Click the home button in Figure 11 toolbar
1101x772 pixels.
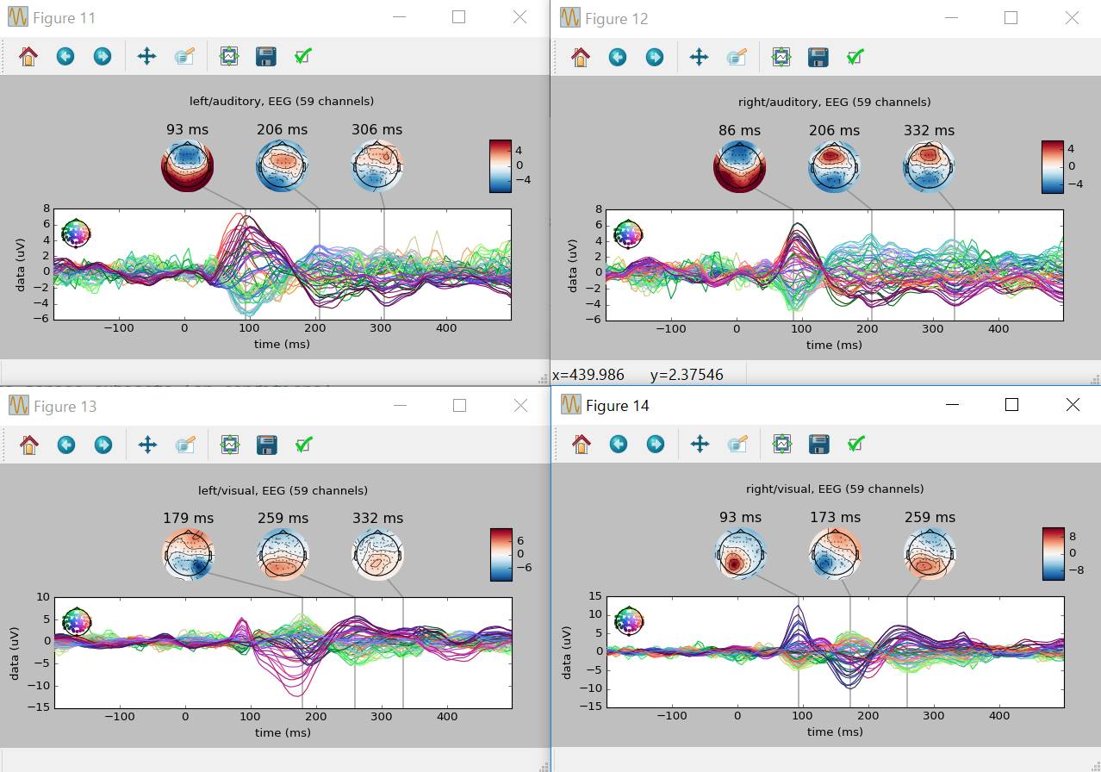point(28,57)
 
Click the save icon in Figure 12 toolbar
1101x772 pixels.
point(818,57)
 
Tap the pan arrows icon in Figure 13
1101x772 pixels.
point(147,445)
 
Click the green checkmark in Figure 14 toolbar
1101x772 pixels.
point(855,444)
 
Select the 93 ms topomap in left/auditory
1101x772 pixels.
point(187,165)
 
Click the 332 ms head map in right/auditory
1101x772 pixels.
point(929,165)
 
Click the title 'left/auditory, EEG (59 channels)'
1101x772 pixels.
point(282,101)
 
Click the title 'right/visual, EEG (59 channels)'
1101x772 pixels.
point(835,489)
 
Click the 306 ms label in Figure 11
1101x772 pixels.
point(376,130)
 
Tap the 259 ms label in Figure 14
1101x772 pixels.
point(930,517)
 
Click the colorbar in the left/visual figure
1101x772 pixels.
point(501,554)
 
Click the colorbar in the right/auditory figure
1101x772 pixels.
point(1052,166)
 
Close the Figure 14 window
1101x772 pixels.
point(1073,405)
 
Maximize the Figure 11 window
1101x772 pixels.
point(458,17)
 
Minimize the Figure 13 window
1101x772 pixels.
point(399,406)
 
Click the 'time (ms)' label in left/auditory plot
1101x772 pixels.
point(282,345)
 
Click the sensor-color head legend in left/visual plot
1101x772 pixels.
point(77,620)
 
